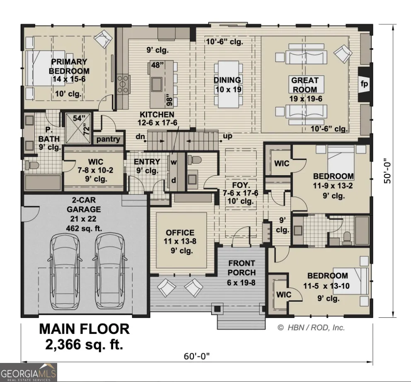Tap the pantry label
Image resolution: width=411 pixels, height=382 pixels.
[x=108, y=139]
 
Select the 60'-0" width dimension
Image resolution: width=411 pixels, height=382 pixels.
[x=196, y=356]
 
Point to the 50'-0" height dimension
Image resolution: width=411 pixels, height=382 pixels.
[x=388, y=171]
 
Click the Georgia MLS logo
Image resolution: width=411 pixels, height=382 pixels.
[x=28, y=372]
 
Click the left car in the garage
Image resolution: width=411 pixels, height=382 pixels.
[x=65, y=271]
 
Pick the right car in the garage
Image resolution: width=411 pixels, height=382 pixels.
[x=109, y=271]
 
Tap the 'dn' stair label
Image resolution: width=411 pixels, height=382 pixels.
[x=140, y=137]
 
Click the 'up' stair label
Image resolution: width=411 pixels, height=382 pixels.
[x=227, y=136]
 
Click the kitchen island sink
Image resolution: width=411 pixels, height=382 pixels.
[x=157, y=84]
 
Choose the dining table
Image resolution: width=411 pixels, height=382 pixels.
[x=229, y=85]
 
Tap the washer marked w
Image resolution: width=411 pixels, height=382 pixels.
[x=174, y=162]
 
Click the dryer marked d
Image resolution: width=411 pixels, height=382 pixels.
[x=174, y=181]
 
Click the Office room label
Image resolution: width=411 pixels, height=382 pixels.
[x=180, y=233]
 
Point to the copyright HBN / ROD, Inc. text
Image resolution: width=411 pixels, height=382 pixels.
[x=311, y=328]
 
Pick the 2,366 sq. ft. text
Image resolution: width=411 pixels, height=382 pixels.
[x=84, y=344]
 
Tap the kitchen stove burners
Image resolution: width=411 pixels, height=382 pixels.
[x=123, y=84]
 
